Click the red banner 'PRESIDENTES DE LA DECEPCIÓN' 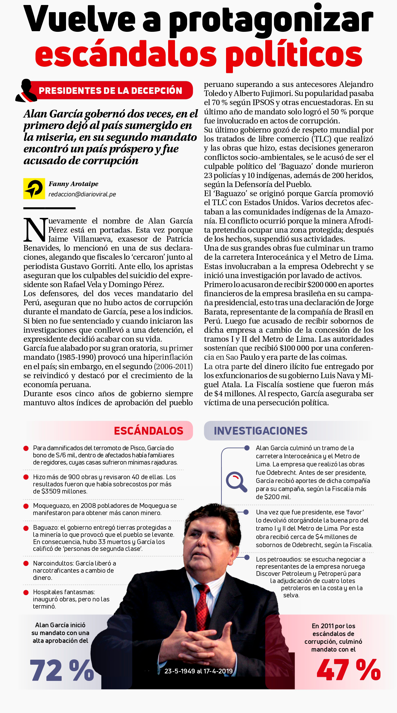(111, 91)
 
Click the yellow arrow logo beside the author (34, 189)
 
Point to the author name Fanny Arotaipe (73, 184)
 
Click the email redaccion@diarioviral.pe (82, 194)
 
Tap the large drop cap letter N (35, 230)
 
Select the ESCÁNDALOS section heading (149, 431)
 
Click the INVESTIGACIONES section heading (260, 431)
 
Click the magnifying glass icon (236, 482)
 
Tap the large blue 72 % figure (62, 670)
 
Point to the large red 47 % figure (348, 670)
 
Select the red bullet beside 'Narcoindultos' (26, 563)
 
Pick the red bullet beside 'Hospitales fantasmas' (26, 592)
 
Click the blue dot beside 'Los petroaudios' (247, 557)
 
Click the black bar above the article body (49, 208)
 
